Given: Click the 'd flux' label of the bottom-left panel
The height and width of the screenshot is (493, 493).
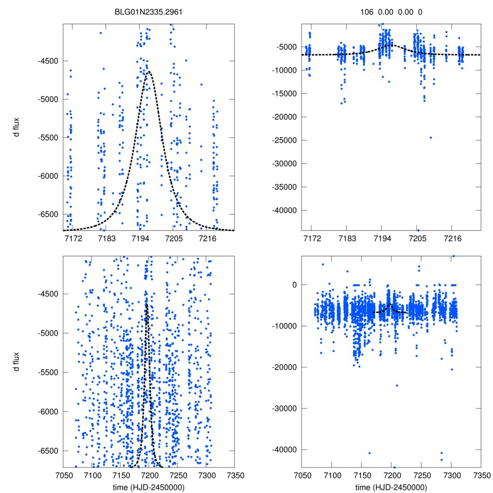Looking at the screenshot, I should pos(20,361).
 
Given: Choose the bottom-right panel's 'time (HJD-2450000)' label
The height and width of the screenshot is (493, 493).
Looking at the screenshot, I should pos(391,487).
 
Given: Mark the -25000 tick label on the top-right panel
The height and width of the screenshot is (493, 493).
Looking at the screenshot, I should pos(285,140).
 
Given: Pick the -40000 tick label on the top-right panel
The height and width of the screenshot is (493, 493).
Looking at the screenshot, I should pos(285,210).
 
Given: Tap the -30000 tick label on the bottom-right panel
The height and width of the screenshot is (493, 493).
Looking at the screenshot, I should pos(285,408).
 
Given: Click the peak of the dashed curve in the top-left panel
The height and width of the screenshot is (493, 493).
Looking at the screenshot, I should pos(149,71).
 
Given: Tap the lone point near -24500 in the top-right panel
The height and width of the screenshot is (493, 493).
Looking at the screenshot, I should pos(430,138).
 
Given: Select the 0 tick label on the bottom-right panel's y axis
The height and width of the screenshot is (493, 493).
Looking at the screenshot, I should pos(292,285).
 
